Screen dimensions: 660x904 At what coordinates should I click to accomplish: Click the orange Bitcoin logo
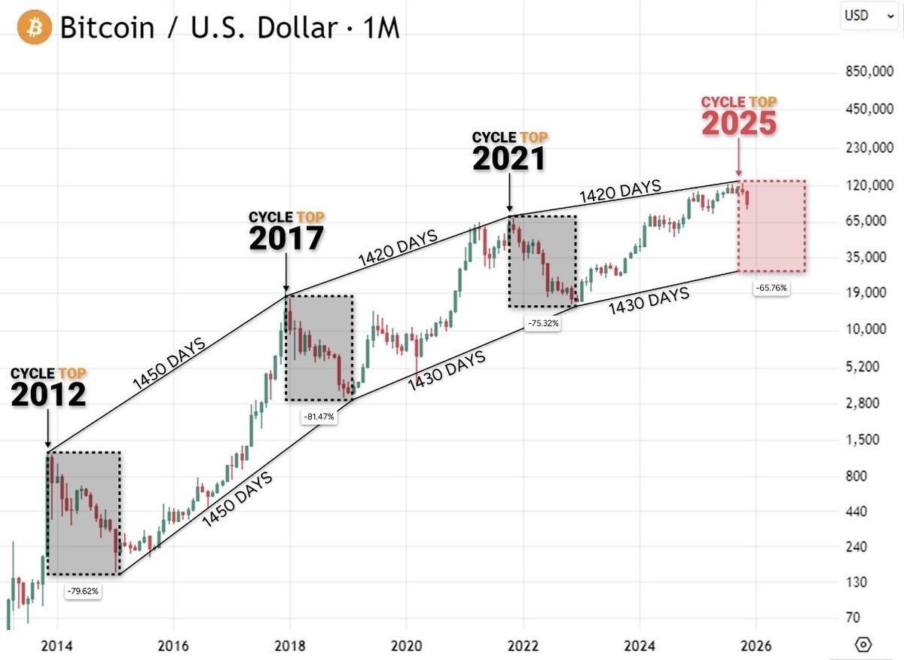click(x=32, y=28)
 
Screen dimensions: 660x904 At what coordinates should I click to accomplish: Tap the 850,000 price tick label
click(x=862, y=72)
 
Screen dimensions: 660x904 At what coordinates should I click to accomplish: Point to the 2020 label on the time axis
click(x=405, y=646)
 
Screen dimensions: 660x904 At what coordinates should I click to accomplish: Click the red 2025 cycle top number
click(x=739, y=123)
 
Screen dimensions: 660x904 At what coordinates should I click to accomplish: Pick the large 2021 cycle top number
click(x=509, y=158)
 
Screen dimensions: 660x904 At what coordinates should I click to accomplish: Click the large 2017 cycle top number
click(x=286, y=238)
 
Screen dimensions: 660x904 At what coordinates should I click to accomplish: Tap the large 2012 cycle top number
click(x=47, y=394)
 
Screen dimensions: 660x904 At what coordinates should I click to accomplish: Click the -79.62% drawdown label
click(x=82, y=591)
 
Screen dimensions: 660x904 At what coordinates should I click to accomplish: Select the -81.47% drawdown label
click(x=319, y=416)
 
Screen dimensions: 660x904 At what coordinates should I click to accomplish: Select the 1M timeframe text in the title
click(x=380, y=29)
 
